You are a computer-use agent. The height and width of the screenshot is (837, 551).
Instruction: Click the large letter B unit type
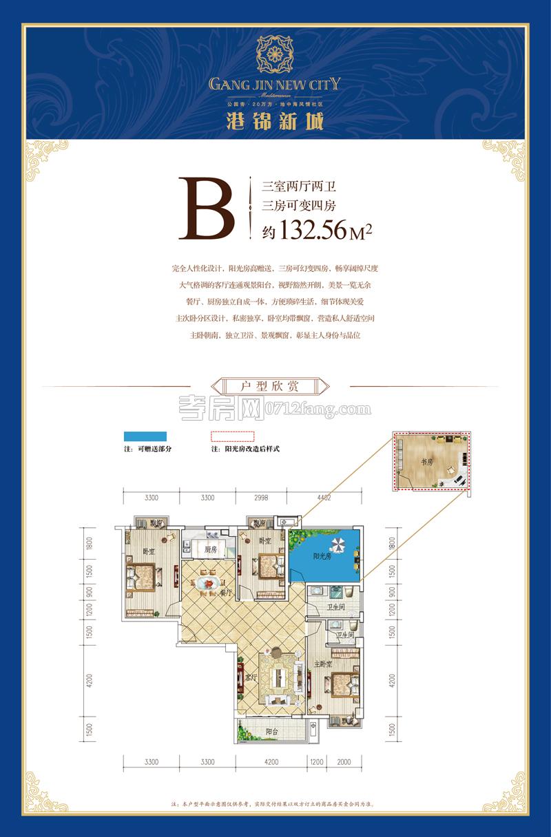click(206, 209)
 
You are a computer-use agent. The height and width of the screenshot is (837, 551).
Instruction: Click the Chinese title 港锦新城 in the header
click(275, 119)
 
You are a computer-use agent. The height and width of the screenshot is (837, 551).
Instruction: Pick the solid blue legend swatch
click(145, 436)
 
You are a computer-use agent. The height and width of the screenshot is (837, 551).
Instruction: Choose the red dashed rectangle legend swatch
click(232, 436)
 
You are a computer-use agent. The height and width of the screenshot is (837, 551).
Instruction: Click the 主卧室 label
click(324, 665)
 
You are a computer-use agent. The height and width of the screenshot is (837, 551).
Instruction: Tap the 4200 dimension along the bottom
click(271, 761)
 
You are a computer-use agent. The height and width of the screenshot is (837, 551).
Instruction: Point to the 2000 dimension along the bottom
click(344, 761)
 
